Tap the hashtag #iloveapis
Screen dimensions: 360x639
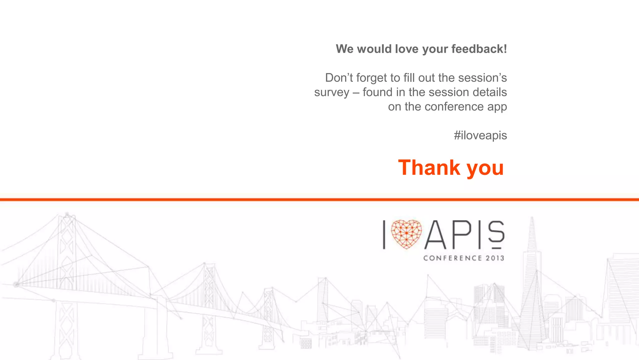[480, 136]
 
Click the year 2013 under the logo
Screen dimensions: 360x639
[495, 258]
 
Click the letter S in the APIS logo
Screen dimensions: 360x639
[496, 233]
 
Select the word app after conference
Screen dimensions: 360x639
[497, 107]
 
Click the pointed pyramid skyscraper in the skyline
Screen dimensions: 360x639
[532, 281]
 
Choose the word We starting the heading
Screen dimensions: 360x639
[344, 49]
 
